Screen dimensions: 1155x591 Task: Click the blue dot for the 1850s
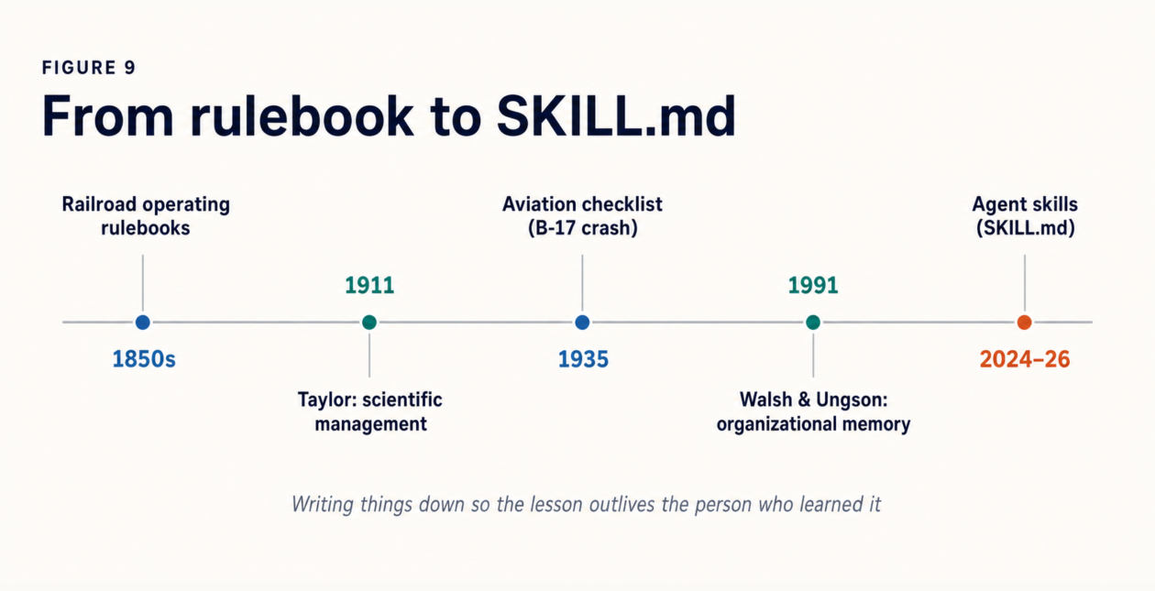(143, 323)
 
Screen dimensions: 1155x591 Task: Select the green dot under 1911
(369, 323)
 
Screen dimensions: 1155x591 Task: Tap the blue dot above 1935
(582, 323)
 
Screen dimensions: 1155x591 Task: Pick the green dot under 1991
(813, 323)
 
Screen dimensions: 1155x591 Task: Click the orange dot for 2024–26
(1025, 323)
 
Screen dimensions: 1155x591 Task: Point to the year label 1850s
(144, 359)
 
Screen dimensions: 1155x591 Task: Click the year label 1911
(369, 286)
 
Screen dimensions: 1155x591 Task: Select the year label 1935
(583, 359)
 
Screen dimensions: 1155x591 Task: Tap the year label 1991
(813, 286)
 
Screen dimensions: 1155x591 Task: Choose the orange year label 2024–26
(1025, 359)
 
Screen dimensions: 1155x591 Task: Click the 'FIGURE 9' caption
(89, 68)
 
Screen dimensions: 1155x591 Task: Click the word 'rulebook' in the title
(302, 116)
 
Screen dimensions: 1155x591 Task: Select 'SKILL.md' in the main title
(616, 116)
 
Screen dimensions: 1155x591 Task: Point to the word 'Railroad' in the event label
(99, 204)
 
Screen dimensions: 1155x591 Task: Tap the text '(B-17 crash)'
(583, 228)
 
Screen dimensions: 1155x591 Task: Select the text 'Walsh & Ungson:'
(814, 399)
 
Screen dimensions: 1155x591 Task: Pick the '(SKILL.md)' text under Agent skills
(1026, 228)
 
